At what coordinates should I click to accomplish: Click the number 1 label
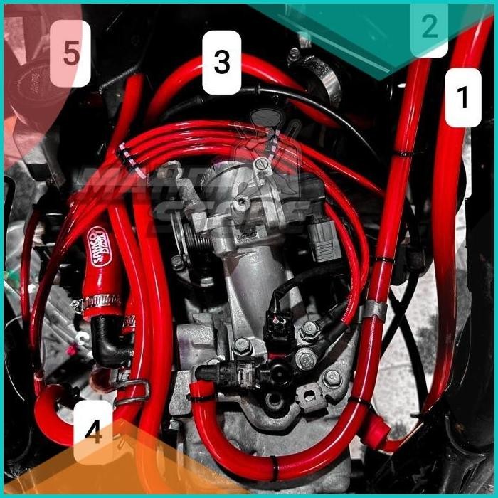pyautogui.click(x=463, y=97)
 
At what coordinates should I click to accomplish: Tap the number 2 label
pyautogui.click(x=429, y=28)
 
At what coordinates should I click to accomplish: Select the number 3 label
pyautogui.click(x=221, y=63)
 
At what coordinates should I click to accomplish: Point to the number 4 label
pyautogui.click(x=93, y=432)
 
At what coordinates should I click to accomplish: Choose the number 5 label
pyautogui.click(x=71, y=53)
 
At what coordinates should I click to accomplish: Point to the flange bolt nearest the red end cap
pyautogui.click(x=332, y=378)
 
